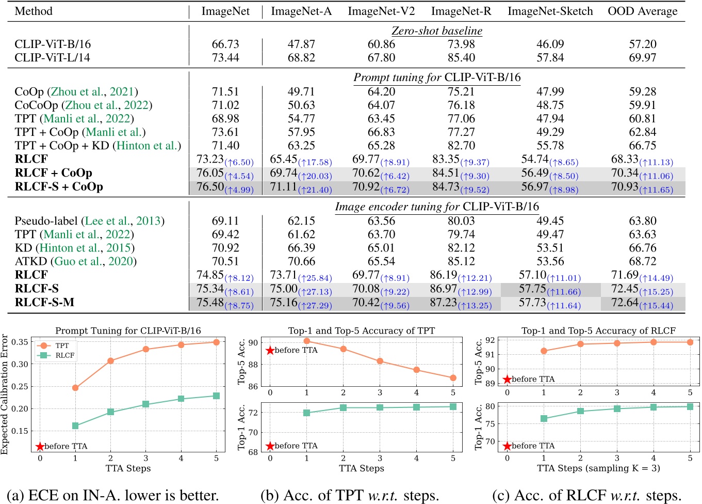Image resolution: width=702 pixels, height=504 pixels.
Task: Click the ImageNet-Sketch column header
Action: tap(550, 11)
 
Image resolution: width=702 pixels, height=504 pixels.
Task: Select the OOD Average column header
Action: tap(642, 11)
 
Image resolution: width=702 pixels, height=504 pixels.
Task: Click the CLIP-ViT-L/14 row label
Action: tap(52, 57)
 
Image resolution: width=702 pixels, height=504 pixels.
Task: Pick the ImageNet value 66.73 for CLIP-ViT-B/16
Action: tap(225, 44)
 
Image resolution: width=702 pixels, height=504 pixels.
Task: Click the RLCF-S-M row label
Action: tap(44, 302)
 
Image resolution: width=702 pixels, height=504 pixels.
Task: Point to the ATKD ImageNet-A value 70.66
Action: tap(301, 261)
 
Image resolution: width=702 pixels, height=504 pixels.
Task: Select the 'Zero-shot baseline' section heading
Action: tap(437, 31)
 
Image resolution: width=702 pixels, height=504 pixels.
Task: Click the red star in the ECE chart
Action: tap(40, 446)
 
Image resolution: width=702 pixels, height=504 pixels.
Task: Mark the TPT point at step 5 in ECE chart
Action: tap(216, 342)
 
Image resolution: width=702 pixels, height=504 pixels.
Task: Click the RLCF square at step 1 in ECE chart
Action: tap(75, 426)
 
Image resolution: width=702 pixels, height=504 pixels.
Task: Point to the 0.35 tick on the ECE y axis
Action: tap(20, 342)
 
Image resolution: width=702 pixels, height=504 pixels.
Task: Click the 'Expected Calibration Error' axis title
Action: tap(5, 395)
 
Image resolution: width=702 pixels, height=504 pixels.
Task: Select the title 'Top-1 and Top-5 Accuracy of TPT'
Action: tap(361, 330)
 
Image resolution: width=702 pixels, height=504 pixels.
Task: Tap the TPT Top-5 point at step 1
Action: tap(307, 341)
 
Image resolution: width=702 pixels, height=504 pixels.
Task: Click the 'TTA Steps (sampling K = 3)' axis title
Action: tap(598, 468)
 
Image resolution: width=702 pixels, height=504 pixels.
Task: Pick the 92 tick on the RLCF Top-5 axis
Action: tap(490, 340)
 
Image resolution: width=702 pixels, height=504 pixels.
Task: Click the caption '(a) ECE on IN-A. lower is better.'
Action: tap(113, 495)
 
